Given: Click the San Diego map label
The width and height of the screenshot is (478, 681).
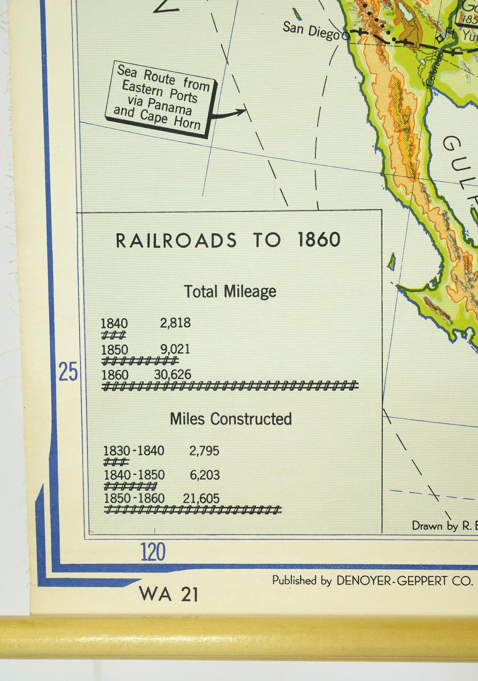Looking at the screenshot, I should click(x=311, y=31).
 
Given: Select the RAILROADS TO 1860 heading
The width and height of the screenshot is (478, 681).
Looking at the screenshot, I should click(x=228, y=240).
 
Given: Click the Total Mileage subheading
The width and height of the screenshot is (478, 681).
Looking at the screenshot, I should click(x=230, y=292).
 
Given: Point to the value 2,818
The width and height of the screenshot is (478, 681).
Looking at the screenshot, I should click(x=175, y=323).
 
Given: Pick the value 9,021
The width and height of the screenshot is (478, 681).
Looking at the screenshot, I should click(x=175, y=349).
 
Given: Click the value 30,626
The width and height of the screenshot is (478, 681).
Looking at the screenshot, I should click(x=173, y=375).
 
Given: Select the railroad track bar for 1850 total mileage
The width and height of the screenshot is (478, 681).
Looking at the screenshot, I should click(x=140, y=360).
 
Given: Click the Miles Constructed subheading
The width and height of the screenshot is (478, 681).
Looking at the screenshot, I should click(x=231, y=419).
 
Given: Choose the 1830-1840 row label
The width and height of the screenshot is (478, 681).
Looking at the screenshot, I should click(x=134, y=451).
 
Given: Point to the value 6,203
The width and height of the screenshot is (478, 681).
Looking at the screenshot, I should click(x=205, y=475).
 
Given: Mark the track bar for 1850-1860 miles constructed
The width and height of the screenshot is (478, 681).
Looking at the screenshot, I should click(x=193, y=510).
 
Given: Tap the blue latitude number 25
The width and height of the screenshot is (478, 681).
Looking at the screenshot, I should click(x=68, y=372).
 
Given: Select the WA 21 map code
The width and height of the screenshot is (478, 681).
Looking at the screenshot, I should click(x=168, y=595).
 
